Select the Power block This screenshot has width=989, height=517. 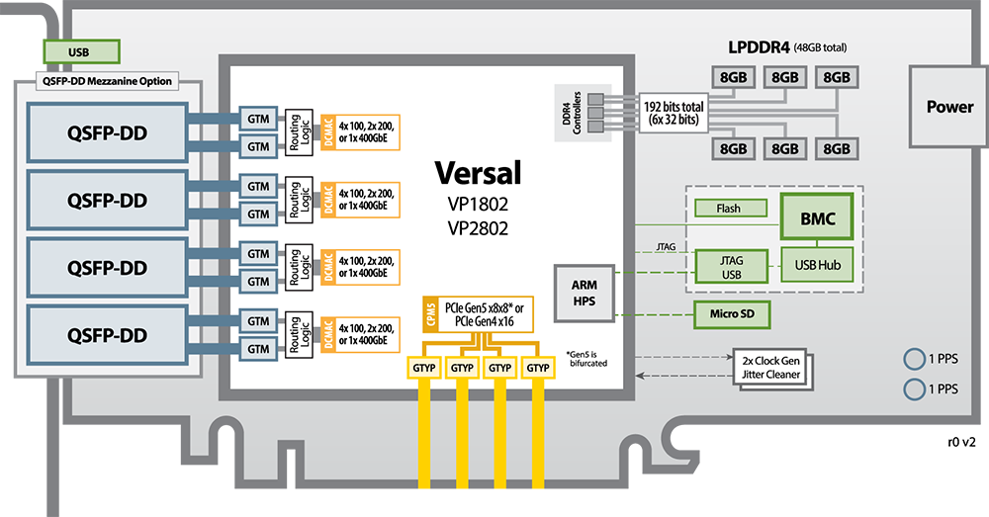pyautogui.click(x=949, y=107)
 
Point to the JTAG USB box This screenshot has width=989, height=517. pyautogui.click(x=731, y=266)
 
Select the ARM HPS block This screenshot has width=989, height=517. pyautogui.click(x=584, y=294)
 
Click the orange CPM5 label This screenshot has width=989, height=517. pyautogui.click(x=431, y=313)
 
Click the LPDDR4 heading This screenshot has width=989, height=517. pyautogui.click(x=759, y=47)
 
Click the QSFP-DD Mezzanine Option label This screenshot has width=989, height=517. pyautogui.click(x=107, y=81)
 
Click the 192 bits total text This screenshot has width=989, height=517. pyautogui.click(x=673, y=107)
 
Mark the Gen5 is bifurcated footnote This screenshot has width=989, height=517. pyautogui.click(x=586, y=359)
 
